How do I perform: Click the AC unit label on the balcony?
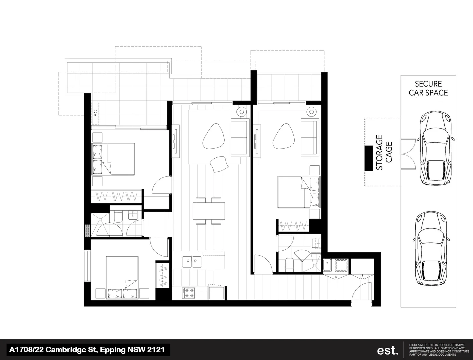[96, 113]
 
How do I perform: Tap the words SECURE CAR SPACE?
[428, 88]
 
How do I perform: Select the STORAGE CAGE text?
[384, 152]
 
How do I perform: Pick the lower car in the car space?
[431, 247]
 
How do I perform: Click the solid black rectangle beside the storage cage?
[368, 158]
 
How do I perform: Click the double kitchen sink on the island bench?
[192, 261]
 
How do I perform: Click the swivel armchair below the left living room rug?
[219, 163]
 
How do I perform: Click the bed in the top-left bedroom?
[113, 159]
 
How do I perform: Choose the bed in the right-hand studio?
[298, 192]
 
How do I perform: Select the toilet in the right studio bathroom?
[289, 264]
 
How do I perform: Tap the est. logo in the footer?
[388, 350]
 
